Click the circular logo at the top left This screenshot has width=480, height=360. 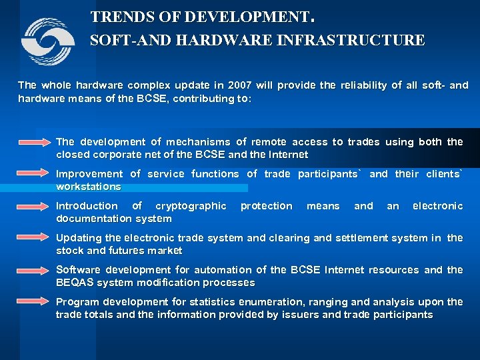pos(47,41)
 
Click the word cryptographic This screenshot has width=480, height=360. pos(191,206)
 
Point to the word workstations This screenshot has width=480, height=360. pos(89,187)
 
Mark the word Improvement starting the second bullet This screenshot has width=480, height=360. pos(89,174)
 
